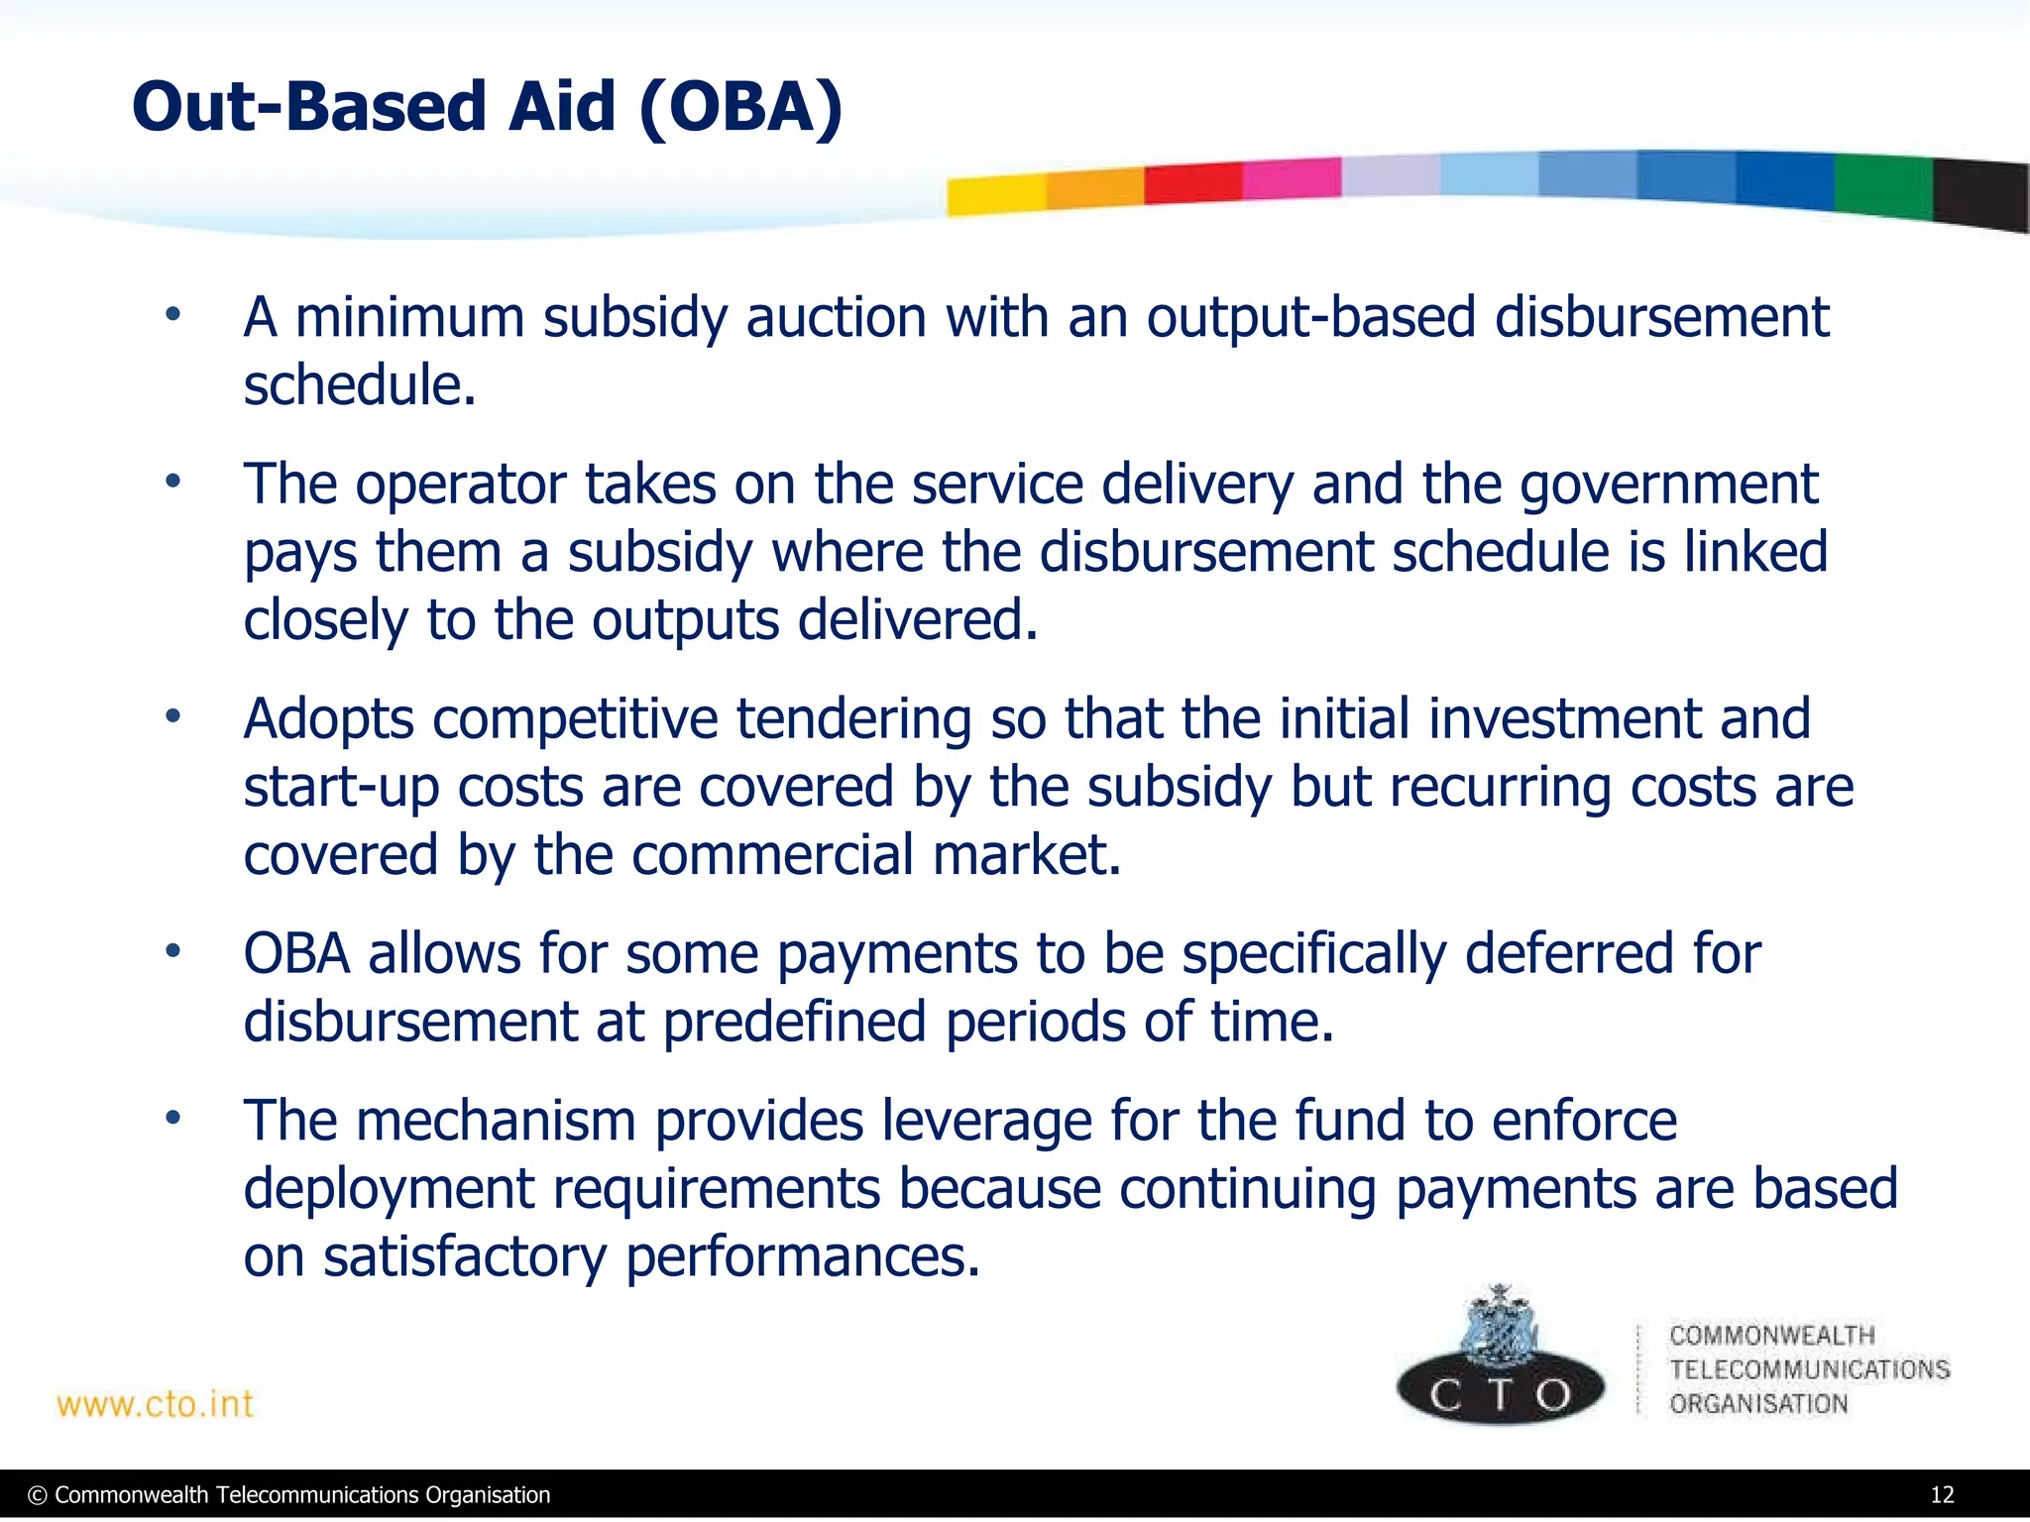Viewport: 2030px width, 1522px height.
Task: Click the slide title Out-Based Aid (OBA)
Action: (487, 107)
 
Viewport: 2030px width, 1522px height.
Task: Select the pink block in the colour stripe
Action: (1291, 179)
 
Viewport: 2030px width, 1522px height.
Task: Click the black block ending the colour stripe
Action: (1980, 194)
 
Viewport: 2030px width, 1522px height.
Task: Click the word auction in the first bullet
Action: (836, 318)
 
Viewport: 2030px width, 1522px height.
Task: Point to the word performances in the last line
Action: (802, 1256)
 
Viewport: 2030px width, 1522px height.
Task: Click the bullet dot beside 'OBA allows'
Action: (173, 951)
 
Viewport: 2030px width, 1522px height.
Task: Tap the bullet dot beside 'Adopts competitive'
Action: (173, 716)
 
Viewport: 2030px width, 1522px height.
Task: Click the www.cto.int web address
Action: (155, 1404)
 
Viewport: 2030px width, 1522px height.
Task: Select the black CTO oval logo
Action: (1500, 1392)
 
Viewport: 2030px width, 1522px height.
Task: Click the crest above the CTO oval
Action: (1500, 1323)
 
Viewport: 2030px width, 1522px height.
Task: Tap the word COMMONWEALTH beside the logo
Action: (1771, 1336)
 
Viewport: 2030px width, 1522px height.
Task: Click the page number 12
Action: (1942, 1495)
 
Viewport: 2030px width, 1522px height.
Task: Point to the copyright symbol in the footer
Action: (38, 1495)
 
